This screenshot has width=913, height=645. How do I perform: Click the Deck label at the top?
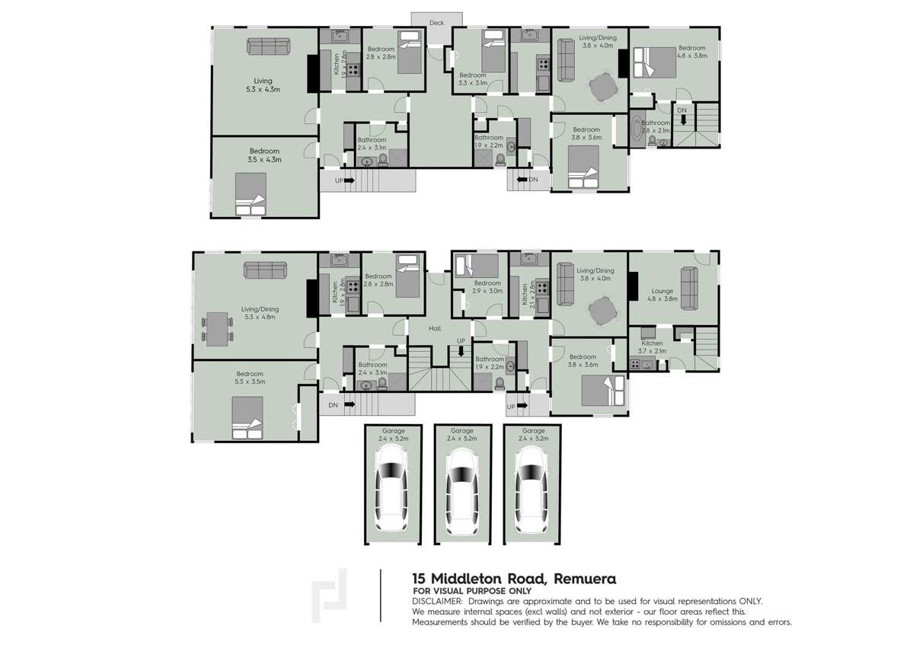pos(436,23)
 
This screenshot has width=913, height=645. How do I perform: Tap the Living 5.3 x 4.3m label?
pos(263,85)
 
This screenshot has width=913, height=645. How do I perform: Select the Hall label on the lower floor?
pos(435,329)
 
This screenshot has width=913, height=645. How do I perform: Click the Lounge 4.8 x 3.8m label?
pos(662,295)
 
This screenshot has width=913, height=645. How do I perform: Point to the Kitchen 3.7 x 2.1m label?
pos(652,347)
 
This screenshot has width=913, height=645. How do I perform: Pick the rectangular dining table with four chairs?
pos(218,328)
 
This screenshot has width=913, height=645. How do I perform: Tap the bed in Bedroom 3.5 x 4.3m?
pos(250,194)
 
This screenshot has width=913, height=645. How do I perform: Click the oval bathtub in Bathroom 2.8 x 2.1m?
pos(637,129)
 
